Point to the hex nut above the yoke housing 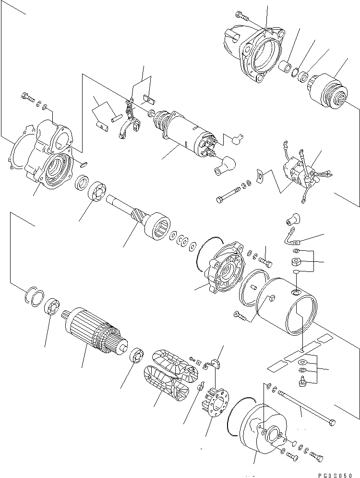point(297,263)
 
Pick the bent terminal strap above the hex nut point(290,237)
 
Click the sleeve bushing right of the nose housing point(287,68)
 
